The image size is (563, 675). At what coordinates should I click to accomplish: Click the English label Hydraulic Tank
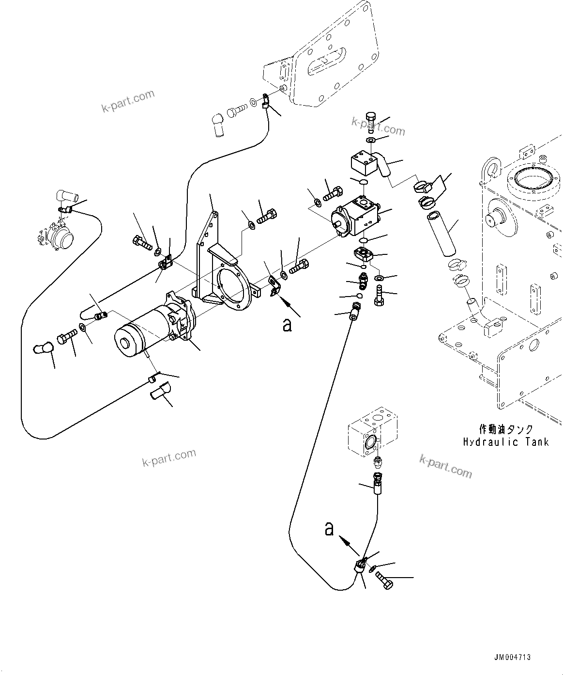tap(506, 441)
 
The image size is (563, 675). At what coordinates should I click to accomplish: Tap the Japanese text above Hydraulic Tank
tap(506, 429)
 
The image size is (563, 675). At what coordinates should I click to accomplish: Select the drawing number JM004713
tap(512, 658)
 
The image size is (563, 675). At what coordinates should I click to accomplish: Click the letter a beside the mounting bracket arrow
tap(288, 325)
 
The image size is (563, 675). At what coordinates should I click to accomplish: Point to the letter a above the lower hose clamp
tap(329, 529)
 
